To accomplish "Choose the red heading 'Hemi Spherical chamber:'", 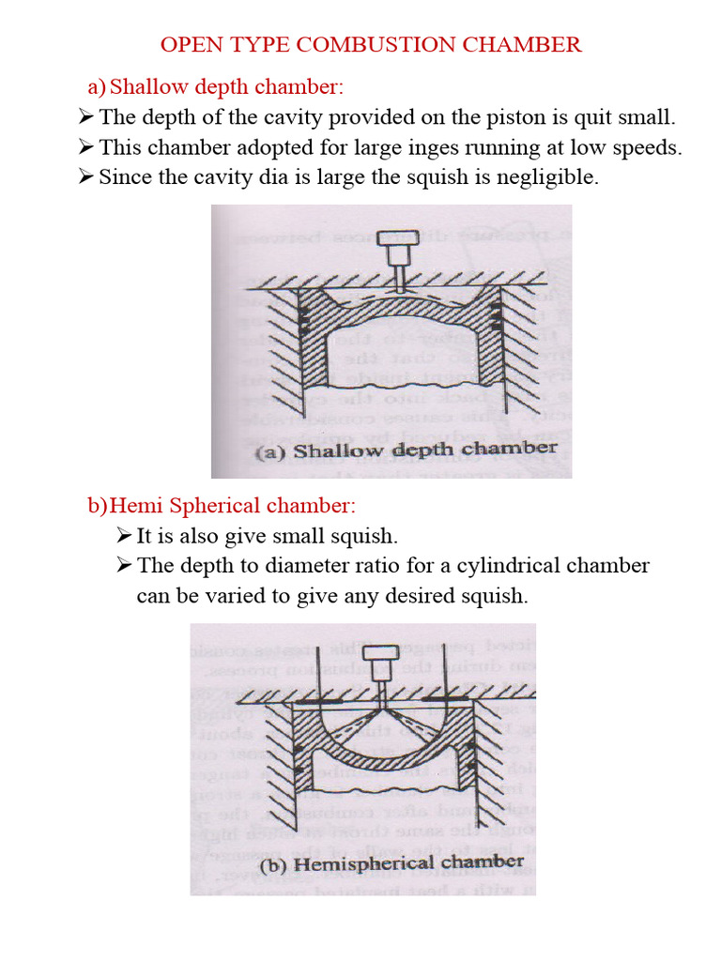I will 233,507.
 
